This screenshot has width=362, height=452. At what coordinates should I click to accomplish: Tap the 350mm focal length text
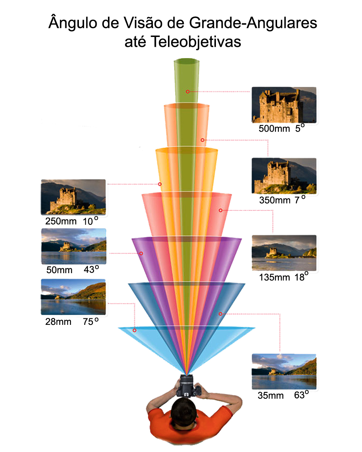click(x=275, y=200)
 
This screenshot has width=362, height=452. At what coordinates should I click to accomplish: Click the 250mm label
click(x=61, y=221)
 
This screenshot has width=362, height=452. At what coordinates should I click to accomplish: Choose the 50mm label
click(x=59, y=270)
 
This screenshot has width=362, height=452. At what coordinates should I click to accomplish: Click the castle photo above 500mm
click(x=284, y=105)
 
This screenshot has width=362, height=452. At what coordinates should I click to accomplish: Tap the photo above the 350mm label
click(x=284, y=176)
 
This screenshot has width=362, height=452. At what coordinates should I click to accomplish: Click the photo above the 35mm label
click(x=284, y=371)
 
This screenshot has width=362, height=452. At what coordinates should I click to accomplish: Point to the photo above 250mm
click(x=73, y=197)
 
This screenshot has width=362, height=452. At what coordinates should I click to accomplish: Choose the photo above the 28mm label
click(x=73, y=297)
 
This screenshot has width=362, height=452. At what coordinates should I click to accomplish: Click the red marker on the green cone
click(x=187, y=91)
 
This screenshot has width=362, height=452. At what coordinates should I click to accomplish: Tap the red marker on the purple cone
click(x=141, y=254)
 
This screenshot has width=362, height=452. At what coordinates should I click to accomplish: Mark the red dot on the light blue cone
click(x=134, y=330)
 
